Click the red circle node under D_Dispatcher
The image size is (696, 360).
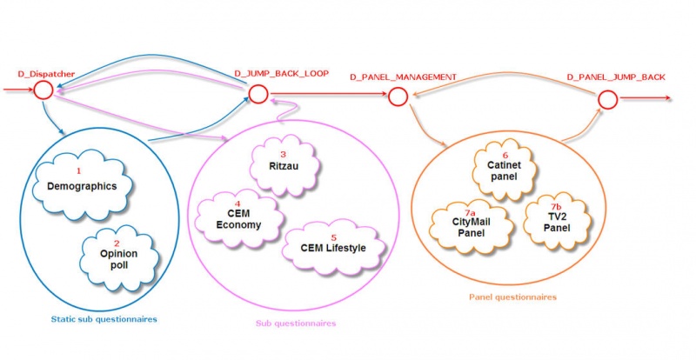(43, 90)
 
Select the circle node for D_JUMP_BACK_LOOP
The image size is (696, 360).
(257, 93)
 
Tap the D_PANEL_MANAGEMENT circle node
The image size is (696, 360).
(398, 97)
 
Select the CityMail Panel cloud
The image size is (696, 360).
(469, 227)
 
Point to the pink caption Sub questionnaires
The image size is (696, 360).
(296, 323)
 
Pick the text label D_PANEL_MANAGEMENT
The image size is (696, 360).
(403, 77)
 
